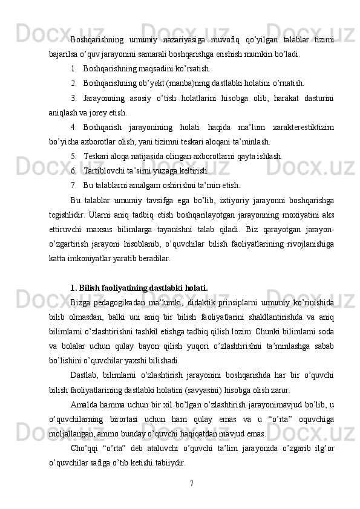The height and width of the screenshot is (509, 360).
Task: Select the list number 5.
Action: point(73,155)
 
